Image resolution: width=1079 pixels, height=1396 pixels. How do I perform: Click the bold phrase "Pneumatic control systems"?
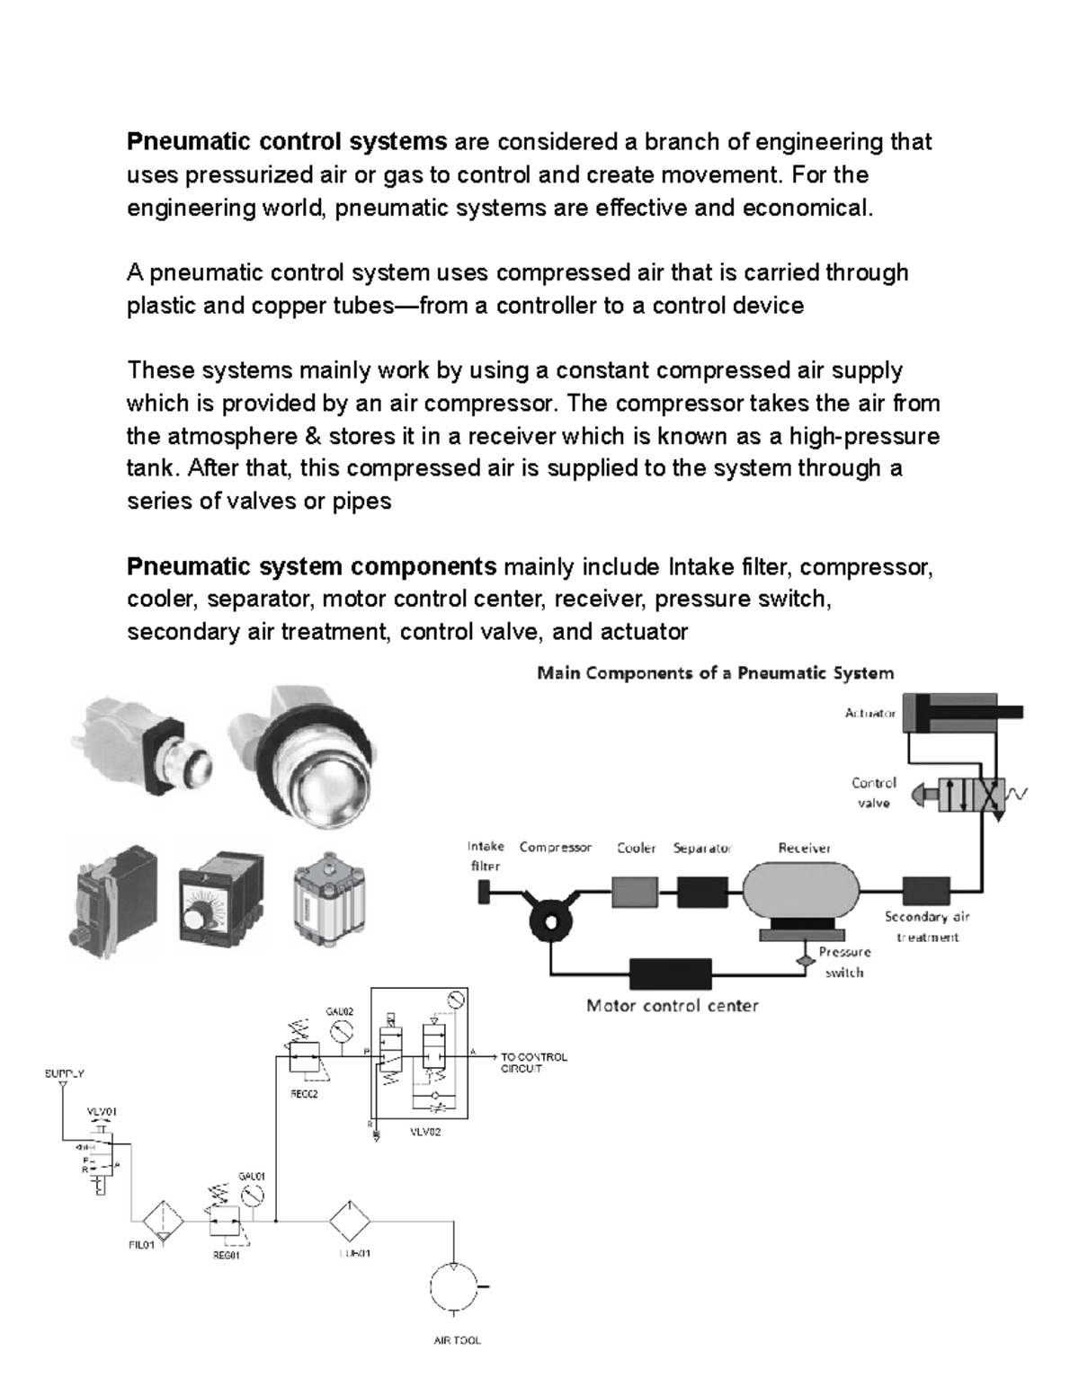[286, 142]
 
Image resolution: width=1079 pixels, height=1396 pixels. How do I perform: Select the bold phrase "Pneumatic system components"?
[311, 567]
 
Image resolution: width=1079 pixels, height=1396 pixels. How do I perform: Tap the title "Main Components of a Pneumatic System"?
[715, 673]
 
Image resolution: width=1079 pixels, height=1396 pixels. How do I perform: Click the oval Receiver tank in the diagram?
[800, 892]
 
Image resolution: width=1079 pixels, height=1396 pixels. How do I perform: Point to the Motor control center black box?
[670, 974]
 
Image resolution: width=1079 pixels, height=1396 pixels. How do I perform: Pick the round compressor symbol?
[548, 920]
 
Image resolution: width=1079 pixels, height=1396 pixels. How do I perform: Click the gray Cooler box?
[635, 892]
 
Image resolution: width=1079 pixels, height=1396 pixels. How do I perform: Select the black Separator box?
[701, 892]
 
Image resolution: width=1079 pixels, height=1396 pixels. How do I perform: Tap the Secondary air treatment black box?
[925, 891]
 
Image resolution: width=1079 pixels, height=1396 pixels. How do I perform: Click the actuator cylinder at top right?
[953, 713]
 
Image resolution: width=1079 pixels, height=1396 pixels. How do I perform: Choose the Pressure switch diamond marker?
[803, 960]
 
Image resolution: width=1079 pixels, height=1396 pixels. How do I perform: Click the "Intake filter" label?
[486, 857]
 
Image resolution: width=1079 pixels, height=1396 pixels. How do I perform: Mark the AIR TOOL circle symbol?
[455, 1287]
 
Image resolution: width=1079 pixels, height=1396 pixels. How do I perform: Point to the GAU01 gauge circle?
[254, 1195]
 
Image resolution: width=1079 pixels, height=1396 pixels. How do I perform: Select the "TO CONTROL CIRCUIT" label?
[533, 1063]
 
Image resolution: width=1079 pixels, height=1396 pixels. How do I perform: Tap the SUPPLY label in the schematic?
[64, 1073]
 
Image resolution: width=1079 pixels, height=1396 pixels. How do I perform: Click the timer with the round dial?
[219, 905]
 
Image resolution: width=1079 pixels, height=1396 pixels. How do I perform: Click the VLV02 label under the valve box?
[425, 1133]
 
